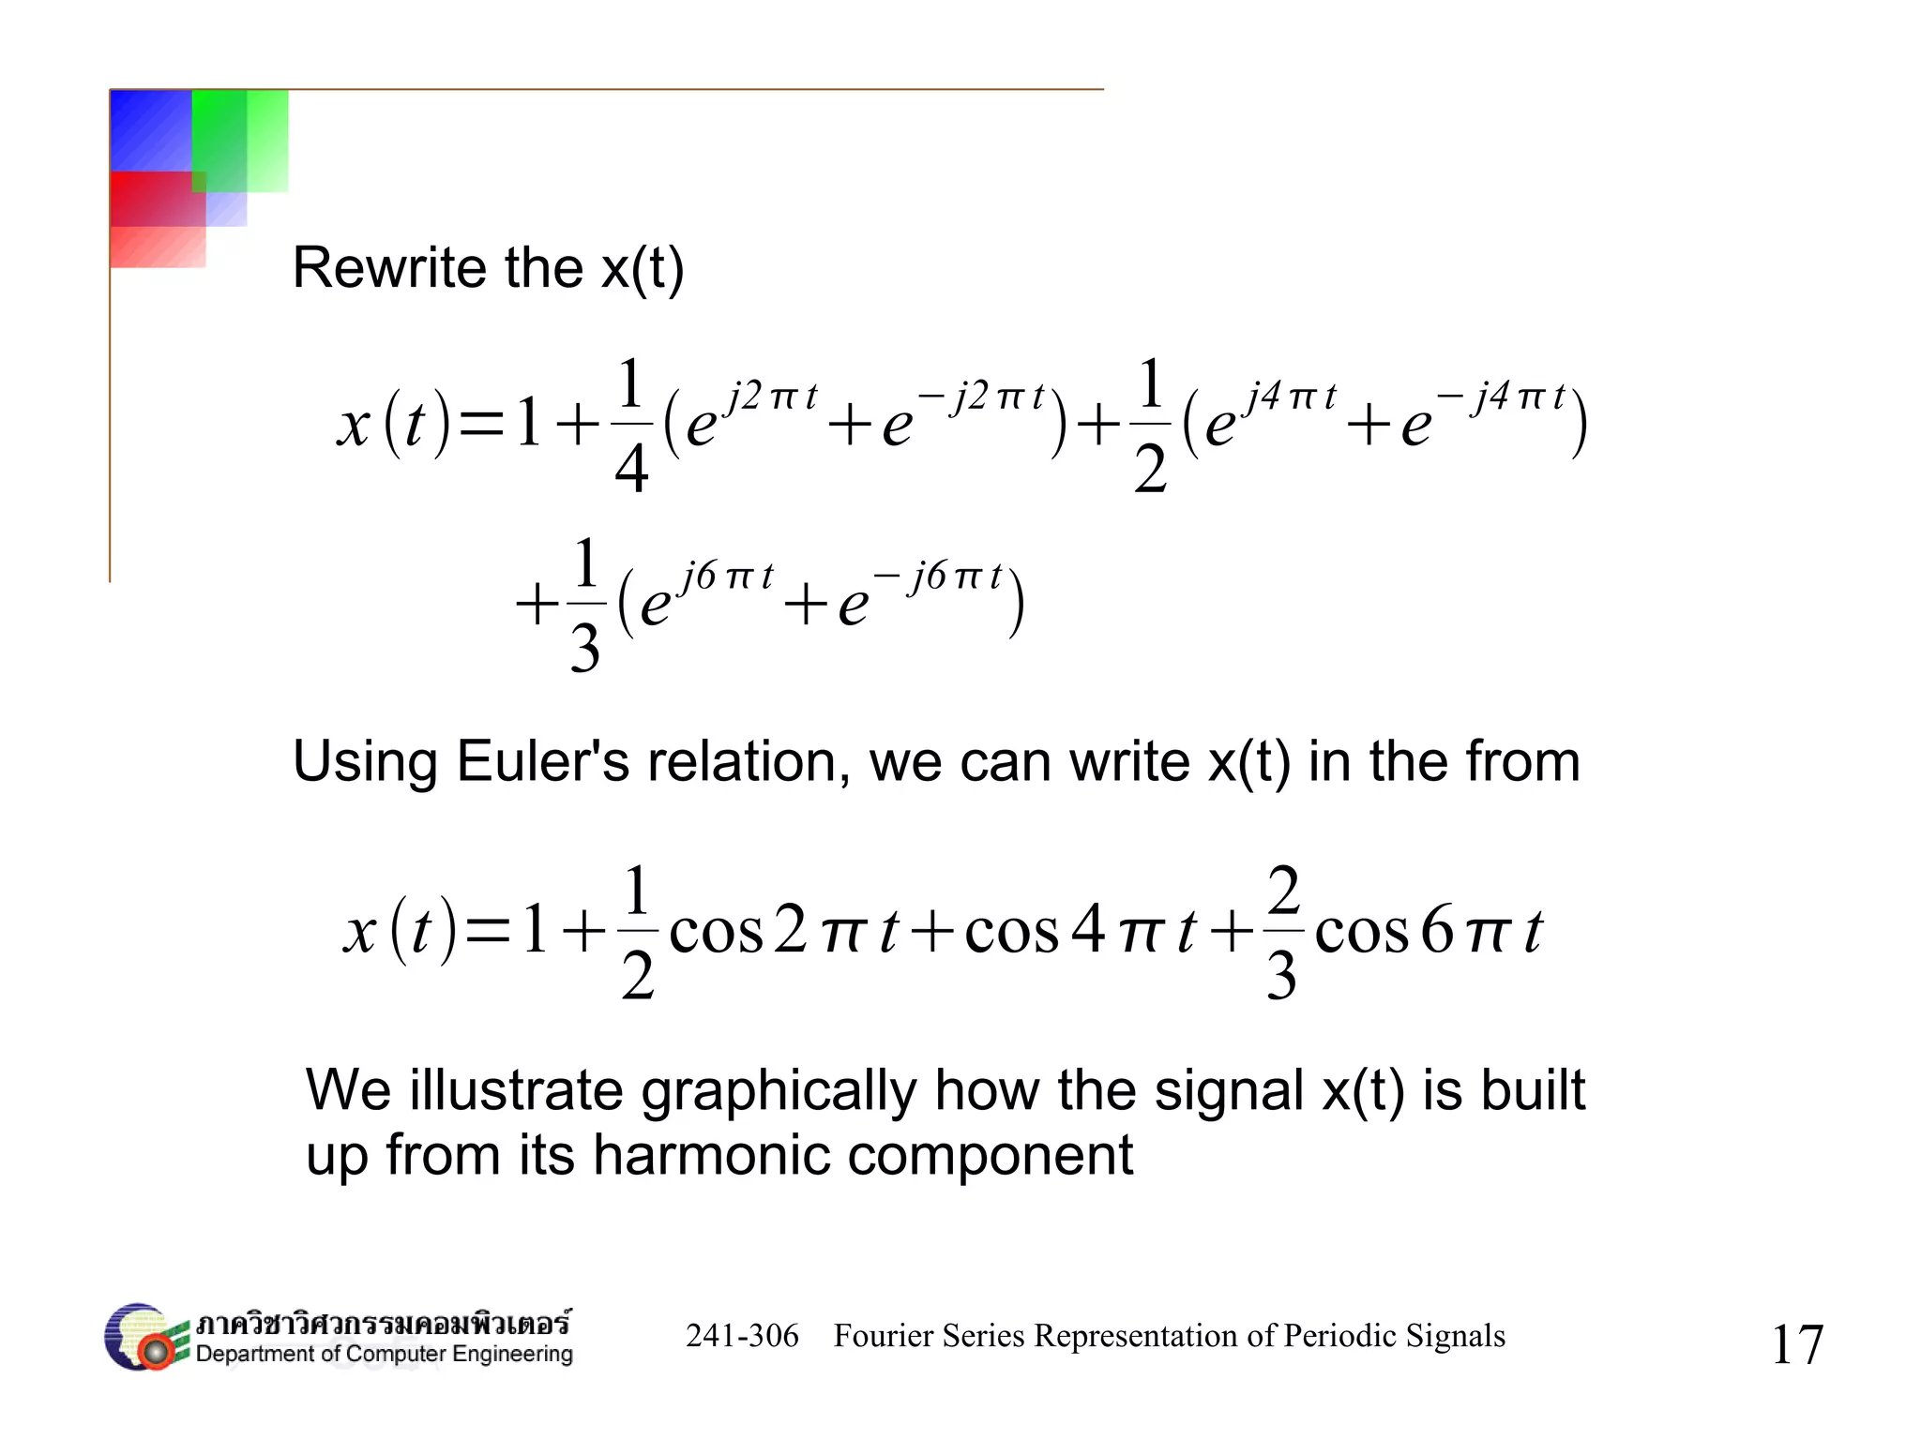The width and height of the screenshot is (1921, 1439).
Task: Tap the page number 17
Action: click(x=1796, y=1345)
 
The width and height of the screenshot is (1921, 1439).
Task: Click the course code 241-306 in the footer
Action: click(x=742, y=1336)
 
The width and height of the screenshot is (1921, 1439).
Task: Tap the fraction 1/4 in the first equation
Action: click(x=631, y=426)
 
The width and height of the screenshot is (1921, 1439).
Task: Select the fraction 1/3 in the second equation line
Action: click(x=585, y=605)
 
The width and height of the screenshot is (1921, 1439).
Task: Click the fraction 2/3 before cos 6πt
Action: click(x=1282, y=932)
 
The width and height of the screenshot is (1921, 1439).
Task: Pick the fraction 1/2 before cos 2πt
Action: click(x=637, y=932)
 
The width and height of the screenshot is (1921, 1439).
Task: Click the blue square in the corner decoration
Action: click(x=150, y=129)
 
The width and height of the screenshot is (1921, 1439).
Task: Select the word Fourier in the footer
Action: click(x=882, y=1336)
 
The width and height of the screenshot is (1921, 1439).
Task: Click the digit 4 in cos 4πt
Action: click(x=1088, y=931)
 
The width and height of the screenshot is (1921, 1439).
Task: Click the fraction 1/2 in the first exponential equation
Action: click(x=1151, y=426)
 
